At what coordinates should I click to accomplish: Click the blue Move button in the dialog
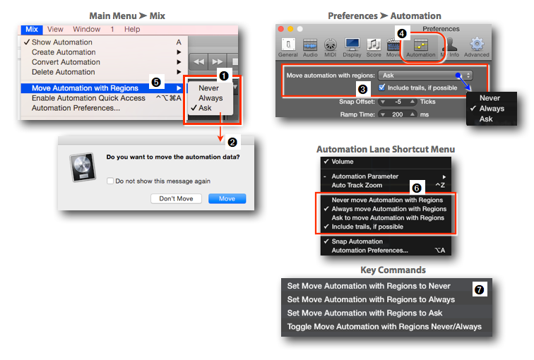tap(227, 199)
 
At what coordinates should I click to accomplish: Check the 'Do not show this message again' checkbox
tap(110, 181)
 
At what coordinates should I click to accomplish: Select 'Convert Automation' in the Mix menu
tap(66, 62)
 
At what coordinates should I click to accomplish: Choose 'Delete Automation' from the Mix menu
tap(64, 72)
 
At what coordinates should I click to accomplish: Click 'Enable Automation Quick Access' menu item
tap(88, 98)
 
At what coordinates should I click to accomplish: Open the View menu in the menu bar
tap(55, 29)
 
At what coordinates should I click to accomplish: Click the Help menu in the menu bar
tap(132, 29)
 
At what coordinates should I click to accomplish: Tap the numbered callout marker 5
tap(156, 82)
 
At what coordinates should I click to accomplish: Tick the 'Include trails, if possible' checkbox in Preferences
tap(381, 88)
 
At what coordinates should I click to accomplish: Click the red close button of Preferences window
tap(281, 29)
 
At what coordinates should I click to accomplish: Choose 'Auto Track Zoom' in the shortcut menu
tap(357, 186)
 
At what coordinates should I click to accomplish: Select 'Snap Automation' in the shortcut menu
tap(357, 241)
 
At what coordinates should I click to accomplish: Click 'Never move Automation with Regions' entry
tap(387, 200)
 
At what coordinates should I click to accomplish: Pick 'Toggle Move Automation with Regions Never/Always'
tap(384, 327)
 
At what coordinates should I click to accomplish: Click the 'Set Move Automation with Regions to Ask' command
tap(364, 313)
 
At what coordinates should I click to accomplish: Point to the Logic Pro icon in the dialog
tap(83, 167)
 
